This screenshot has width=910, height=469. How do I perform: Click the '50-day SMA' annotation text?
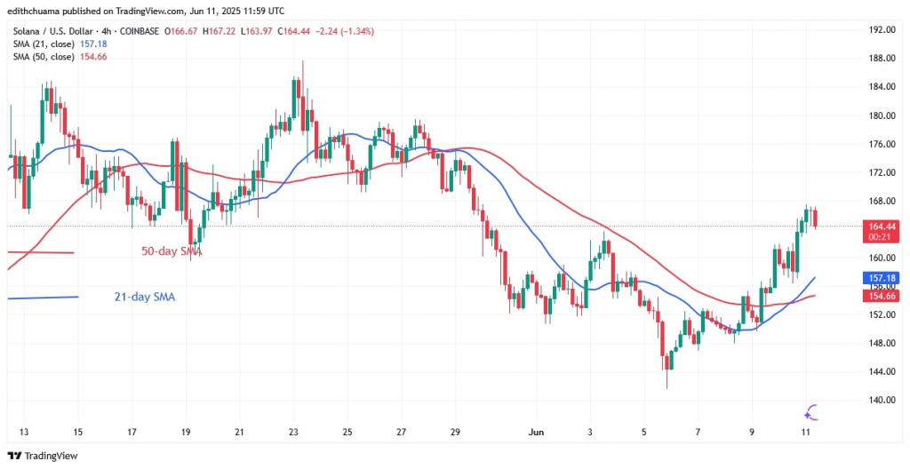tap(172, 251)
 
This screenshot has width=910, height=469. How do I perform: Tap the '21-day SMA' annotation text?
tap(145, 297)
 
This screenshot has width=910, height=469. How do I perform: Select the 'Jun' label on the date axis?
tap(536, 432)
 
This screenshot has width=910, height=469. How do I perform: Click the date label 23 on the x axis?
tap(294, 432)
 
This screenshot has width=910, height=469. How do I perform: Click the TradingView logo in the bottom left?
tap(44, 455)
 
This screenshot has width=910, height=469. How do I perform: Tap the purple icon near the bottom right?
tap(810, 411)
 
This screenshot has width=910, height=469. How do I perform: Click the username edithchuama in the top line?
tap(36, 11)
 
